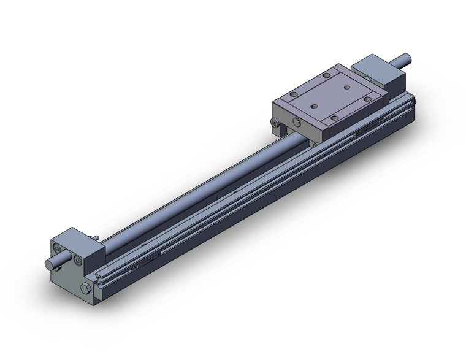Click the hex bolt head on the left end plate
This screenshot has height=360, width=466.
click(85, 288)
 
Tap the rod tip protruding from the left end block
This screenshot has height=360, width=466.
click(49, 264)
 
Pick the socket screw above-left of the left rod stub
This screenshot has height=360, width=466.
click(56, 250)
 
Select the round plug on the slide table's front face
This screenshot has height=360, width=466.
click(297, 123)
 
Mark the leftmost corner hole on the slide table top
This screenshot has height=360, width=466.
click(292, 95)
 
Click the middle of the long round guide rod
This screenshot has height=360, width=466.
click(196, 184)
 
